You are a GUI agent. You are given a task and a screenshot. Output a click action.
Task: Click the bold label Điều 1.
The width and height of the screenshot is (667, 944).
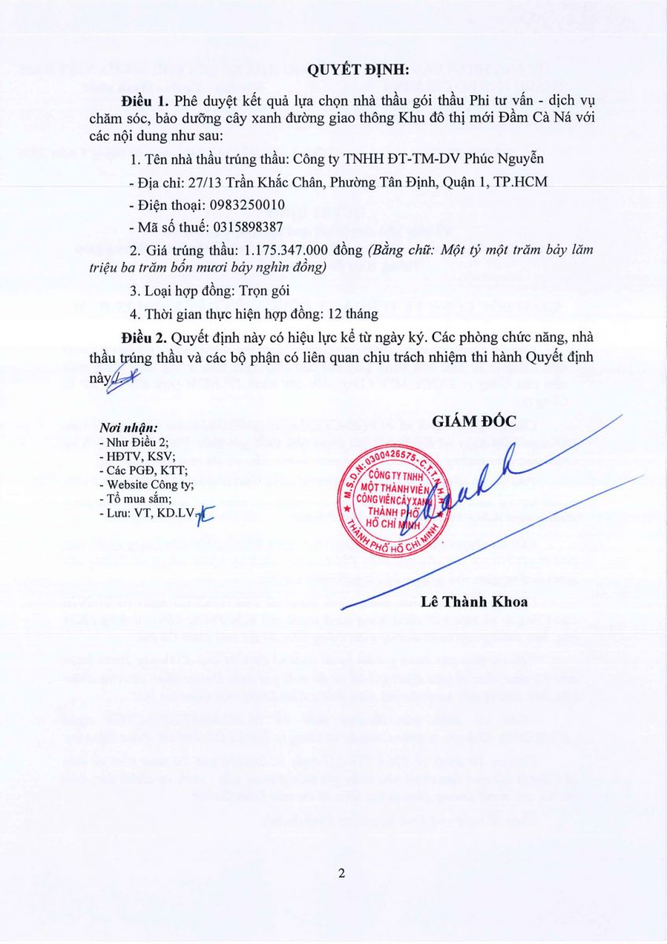pyautogui.click(x=146, y=102)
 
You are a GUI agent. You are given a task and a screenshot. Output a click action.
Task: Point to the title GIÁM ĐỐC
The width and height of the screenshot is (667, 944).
pyautogui.click(x=474, y=421)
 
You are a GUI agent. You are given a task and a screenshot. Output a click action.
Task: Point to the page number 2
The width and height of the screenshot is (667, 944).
pyautogui.click(x=341, y=873)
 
